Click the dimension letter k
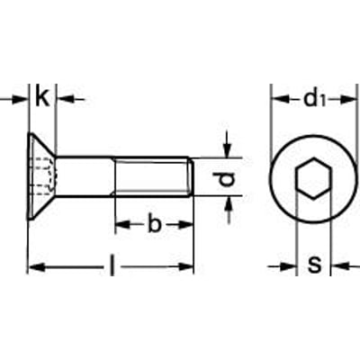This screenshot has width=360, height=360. coord(41,98)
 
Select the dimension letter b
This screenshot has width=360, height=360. coord(154,225)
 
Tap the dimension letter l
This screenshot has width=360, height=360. coord(112,266)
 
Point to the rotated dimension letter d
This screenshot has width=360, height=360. coord(228,180)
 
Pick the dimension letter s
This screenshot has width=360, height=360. coord(314,265)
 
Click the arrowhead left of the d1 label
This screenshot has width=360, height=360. coord(277,98)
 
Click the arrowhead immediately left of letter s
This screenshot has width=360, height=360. coord(290,265)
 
